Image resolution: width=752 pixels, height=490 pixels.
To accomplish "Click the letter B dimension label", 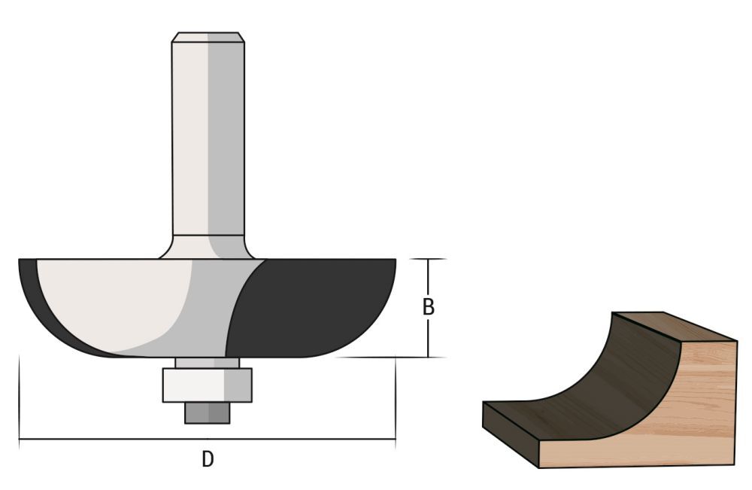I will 428,307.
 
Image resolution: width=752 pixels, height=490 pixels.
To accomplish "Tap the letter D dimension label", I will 208,458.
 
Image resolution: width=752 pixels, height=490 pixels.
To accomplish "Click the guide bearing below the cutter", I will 208,385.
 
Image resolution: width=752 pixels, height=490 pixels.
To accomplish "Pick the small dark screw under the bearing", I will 208,413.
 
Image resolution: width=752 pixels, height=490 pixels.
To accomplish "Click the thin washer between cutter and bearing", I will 208,363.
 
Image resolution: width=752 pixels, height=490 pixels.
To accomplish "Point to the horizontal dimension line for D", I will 113,439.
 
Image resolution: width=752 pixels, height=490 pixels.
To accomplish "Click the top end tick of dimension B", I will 428,259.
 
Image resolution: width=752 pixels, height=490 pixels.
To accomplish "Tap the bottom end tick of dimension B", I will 428,357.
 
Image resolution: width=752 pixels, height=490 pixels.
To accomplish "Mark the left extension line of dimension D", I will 19,399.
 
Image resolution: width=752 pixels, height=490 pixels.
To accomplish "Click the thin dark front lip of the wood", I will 511,433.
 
